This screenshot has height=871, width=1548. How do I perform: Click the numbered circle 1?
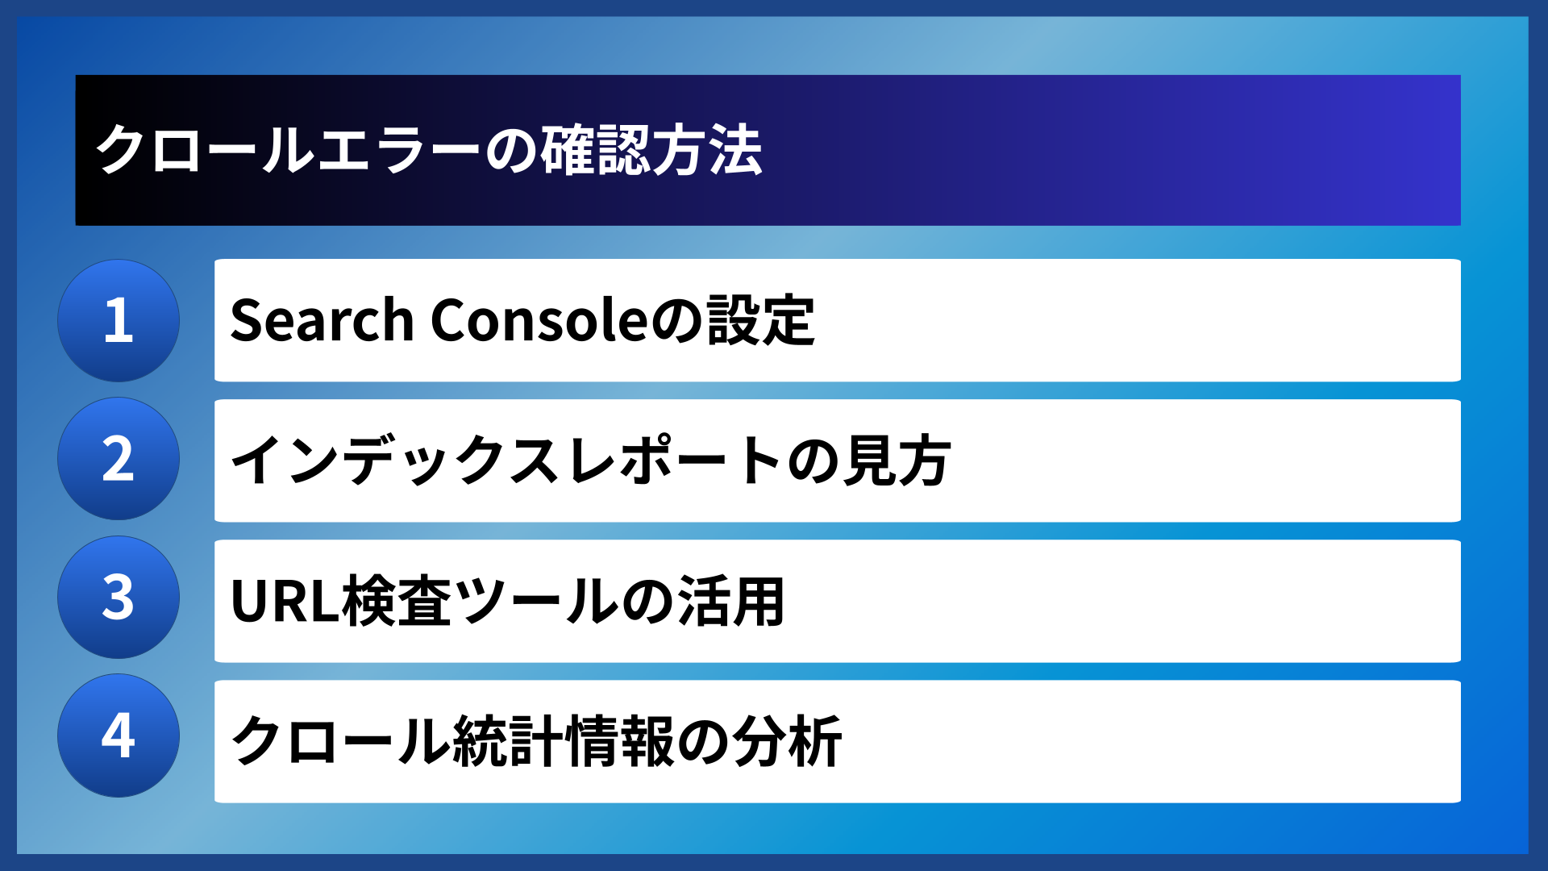click(x=119, y=320)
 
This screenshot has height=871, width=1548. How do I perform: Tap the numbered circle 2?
click(x=119, y=459)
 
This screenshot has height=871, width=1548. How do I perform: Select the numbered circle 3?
click(x=119, y=598)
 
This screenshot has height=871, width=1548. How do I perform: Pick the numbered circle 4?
click(x=119, y=736)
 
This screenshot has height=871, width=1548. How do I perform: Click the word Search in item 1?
click(x=322, y=320)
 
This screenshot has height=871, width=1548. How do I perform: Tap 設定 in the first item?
click(x=761, y=320)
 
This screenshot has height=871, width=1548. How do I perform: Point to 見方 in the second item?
click(x=896, y=461)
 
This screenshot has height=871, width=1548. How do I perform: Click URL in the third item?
click(x=284, y=602)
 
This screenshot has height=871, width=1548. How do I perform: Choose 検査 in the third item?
click(x=397, y=602)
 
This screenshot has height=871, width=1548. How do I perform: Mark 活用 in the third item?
click(x=730, y=602)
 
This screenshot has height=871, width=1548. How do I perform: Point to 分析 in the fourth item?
click(x=788, y=741)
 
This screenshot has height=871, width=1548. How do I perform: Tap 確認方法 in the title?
click(x=651, y=151)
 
